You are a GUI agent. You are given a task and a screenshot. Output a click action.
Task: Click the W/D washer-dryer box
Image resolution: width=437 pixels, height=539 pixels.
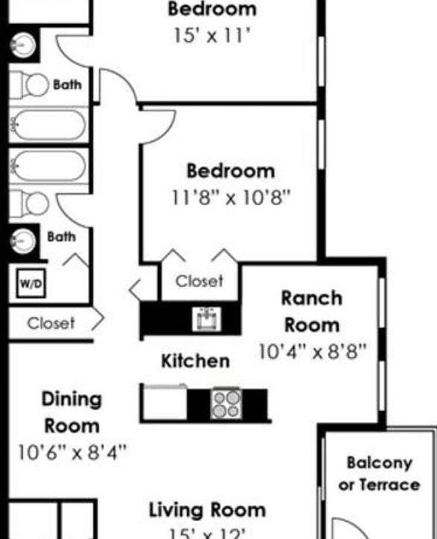coord(29,284)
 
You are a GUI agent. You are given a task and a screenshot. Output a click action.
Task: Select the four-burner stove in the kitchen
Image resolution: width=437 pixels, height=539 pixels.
coord(226,404)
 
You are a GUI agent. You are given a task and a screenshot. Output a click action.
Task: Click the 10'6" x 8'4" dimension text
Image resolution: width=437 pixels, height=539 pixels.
coord(72,453)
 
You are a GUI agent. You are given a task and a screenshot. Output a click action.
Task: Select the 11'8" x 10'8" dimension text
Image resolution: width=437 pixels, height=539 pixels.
coord(230,198)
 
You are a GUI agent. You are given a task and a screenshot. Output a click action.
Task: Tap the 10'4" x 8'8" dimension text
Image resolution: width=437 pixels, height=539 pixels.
coord(311,352)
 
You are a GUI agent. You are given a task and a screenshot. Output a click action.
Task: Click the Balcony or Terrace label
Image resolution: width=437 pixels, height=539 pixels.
coord(379,474)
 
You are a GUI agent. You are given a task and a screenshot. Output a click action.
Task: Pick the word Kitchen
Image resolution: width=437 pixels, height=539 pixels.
coord(195,361)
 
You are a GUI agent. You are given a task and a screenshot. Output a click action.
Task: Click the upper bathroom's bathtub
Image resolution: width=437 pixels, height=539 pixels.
coord(49,124)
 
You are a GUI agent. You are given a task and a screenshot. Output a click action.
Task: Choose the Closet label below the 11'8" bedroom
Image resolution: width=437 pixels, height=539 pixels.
coord(199,281)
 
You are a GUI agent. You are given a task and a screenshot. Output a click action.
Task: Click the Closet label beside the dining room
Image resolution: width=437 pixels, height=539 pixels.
coord(51,323)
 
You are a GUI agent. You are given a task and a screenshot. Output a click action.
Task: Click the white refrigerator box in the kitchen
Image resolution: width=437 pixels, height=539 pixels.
coord(165,403)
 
